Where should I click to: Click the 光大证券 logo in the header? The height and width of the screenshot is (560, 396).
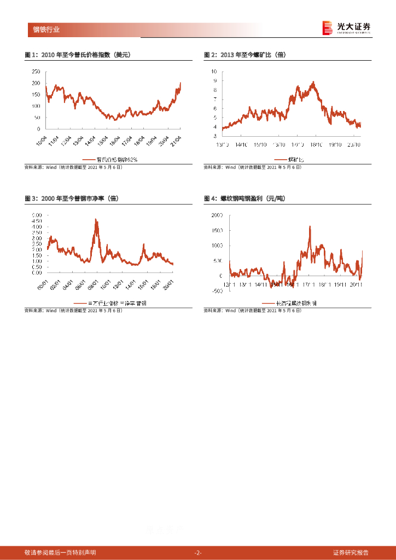coord(346,27)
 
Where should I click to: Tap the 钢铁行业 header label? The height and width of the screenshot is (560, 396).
coord(46,30)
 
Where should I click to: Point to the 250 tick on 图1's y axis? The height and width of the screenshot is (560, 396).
coord(36,72)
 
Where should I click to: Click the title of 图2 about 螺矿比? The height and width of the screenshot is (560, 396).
coord(245,55)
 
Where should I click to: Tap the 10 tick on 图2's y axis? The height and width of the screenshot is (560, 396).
coord(214,72)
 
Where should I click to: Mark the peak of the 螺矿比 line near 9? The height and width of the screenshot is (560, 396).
coord(313,82)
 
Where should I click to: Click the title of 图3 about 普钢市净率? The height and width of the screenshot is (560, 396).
coord(71,199)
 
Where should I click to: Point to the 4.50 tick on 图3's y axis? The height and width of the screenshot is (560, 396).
coord(37,221)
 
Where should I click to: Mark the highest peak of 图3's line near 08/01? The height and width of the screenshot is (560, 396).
coord(96,219)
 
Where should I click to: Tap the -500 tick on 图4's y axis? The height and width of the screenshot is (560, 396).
coord(216,291)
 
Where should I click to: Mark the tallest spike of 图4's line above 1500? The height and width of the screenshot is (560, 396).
coord(310,226)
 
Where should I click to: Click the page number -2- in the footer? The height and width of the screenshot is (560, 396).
coord(198,552)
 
